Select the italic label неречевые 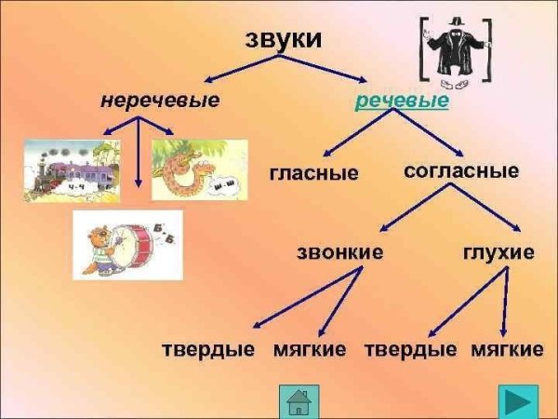click(160, 100)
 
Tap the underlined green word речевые click(401, 100)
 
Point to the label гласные click(314, 173)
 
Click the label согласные click(461, 171)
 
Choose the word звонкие click(339, 252)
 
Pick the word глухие click(498, 252)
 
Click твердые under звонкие click(208, 350)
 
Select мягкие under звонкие click(310, 350)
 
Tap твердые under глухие click(410, 350)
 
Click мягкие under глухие click(507, 350)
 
